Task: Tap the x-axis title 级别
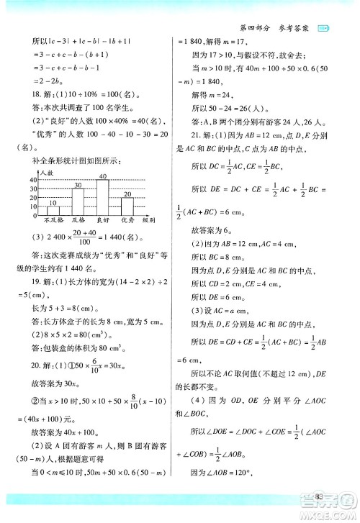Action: (x=150, y=220)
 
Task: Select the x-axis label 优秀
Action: (x=127, y=220)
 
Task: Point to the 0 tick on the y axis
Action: (x=34, y=214)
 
